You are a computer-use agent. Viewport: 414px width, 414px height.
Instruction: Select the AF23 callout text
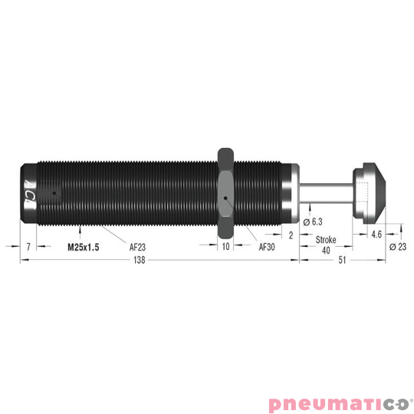pos(139,248)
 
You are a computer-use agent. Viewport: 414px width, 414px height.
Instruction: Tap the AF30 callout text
pos(267,247)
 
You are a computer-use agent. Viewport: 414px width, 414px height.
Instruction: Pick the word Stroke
pos(326,240)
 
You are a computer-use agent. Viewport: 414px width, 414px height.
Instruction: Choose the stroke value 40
pos(326,250)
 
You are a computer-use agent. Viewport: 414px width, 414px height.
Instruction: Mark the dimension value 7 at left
pos(28,247)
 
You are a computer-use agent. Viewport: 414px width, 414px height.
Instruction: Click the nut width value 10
pos(225,247)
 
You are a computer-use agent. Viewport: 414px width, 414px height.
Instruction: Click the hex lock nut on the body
pos(225,193)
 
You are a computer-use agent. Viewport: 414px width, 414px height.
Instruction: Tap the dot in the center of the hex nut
pos(225,201)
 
